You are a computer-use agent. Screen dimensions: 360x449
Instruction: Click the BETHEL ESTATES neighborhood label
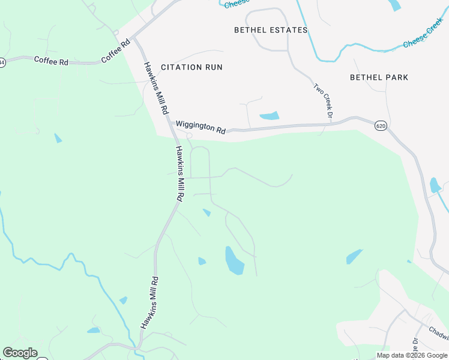tap(271, 30)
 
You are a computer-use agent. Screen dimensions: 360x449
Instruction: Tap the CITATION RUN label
tap(192, 67)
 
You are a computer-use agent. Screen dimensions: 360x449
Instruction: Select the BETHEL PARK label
tap(379, 77)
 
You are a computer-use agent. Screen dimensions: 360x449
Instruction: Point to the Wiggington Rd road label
tap(200, 127)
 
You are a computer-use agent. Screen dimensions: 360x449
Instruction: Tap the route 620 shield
tap(380, 125)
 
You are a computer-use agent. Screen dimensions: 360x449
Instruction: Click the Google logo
tap(20, 353)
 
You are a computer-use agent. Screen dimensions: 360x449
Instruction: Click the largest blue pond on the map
tap(234, 260)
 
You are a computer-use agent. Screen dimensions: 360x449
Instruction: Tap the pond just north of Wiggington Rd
tap(270, 115)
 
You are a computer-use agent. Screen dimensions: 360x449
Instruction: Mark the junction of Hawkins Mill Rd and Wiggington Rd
tap(169, 124)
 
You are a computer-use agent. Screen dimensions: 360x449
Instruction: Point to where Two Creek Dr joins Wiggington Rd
tap(331, 124)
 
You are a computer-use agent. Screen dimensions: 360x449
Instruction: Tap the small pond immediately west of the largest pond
tap(202, 261)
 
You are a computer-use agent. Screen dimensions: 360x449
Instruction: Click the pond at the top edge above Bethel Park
tap(394, 5)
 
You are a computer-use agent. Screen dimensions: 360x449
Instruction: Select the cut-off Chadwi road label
tap(439, 332)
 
